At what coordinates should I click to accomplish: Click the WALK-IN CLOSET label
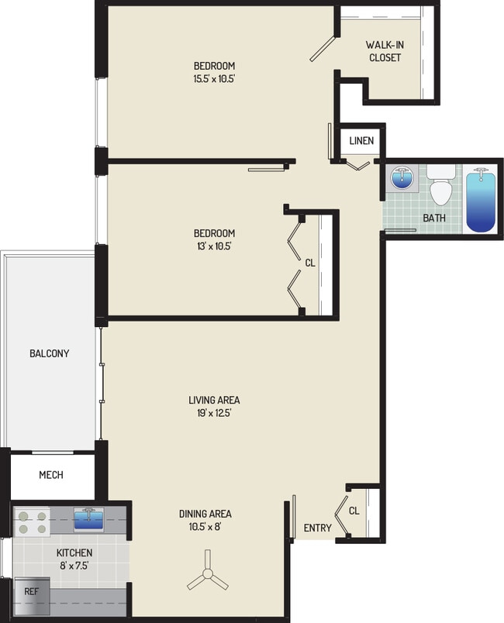click(x=384, y=50)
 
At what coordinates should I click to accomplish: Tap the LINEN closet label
click(x=361, y=141)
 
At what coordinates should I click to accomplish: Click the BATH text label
click(x=434, y=218)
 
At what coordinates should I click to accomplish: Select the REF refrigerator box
click(x=31, y=590)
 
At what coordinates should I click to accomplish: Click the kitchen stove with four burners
click(x=32, y=521)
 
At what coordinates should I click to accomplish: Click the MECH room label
click(x=51, y=475)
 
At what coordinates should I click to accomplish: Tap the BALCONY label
click(x=50, y=353)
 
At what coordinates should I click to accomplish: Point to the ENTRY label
click(x=318, y=528)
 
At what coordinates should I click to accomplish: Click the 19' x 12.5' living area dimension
click(x=214, y=413)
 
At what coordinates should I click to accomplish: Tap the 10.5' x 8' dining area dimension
click(x=205, y=527)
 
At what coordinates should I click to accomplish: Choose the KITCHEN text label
click(x=74, y=552)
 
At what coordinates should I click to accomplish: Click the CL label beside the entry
click(x=354, y=511)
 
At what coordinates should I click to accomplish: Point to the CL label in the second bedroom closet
click(x=310, y=263)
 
